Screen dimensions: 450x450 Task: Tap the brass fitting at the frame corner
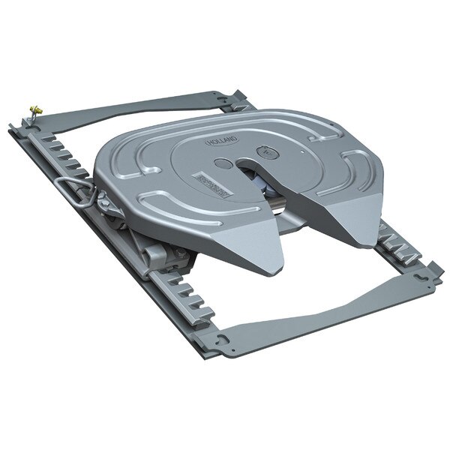[35, 111]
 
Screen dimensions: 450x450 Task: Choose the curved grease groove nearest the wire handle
[127, 161]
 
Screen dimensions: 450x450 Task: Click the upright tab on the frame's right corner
[436, 266]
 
